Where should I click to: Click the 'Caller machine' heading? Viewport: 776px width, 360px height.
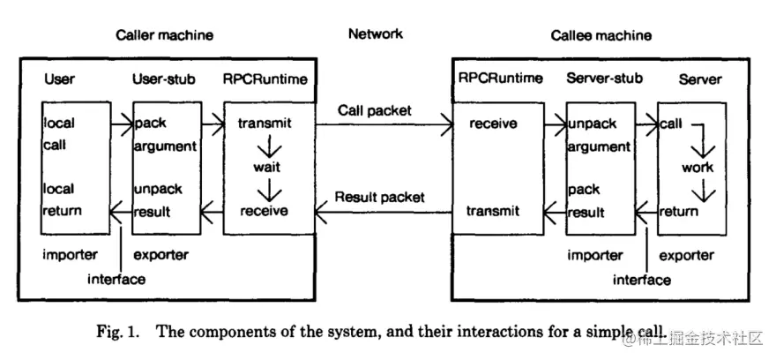click(164, 35)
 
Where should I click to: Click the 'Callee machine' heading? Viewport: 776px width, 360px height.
click(601, 35)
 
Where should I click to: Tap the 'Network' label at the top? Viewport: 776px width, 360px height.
click(376, 34)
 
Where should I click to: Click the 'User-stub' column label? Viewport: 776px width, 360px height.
click(163, 79)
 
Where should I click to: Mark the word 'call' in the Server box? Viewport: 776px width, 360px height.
click(669, 124)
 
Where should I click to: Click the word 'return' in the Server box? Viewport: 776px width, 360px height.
click(679, 211)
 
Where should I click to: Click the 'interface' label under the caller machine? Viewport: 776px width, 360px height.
click(116, 279)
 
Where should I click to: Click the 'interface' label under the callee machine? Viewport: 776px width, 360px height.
click(642, 279)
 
